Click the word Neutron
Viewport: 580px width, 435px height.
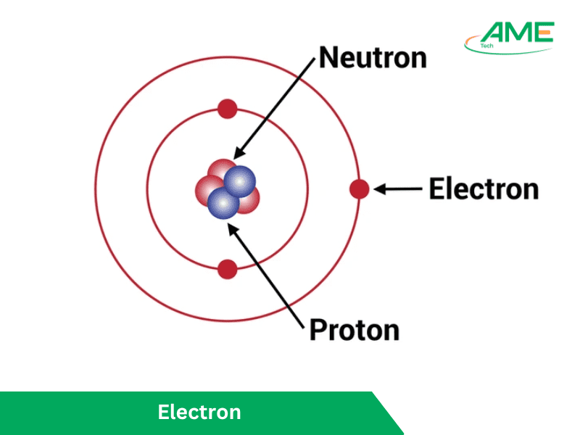(x=373, y=57)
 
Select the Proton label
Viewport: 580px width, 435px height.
(x=354, y=330)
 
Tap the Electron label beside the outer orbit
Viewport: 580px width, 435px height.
(x=484, y=189)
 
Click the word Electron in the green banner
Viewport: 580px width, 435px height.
(x=199, y=413)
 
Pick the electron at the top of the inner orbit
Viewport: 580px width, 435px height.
(x=228, y=110)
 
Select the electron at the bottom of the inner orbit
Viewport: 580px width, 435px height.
(x=228, y=269)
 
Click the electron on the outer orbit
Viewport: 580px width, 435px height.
(x=359, y=189)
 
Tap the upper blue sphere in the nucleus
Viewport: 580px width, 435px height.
(x=240, y=181)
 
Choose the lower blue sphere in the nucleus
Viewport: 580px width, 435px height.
(x=223, y=203)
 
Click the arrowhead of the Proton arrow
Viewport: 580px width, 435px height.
(x=231, y=227)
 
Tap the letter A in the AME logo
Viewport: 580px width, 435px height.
(x=495, y=33)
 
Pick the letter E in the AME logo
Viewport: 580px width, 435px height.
(x=544, y=32)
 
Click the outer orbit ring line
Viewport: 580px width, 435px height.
(x=95, y=189)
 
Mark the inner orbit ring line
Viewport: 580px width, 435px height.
(x=147, y=189)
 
